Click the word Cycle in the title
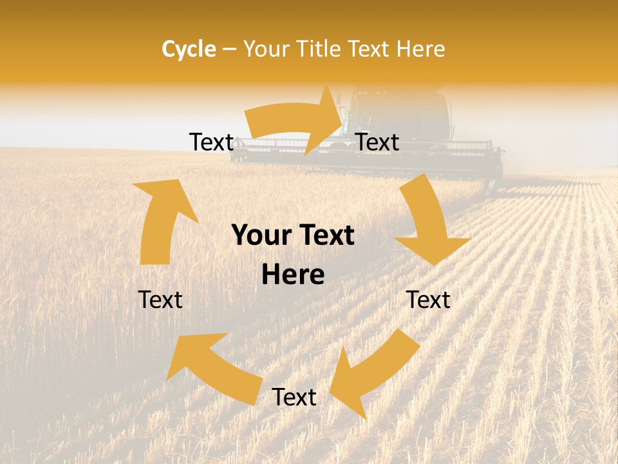pos(189,49)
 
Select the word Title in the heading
pos(321,49)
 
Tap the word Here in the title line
pos(421,49)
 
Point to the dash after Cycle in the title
pos(229,50)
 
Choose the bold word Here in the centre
pos(293,275)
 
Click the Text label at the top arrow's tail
pos(211,142)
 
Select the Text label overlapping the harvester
pos(377,142)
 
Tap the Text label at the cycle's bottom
pos(294,398)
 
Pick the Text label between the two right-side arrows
pos(428,300)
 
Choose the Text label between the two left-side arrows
pos(160,300)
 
